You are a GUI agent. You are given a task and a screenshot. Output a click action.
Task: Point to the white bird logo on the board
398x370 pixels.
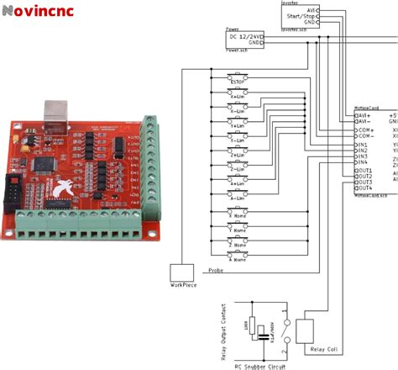tap(61, 192)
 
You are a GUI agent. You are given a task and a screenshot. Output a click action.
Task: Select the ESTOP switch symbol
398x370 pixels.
tap(238, 77)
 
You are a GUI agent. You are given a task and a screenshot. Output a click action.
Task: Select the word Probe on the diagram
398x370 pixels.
tap(214, 270)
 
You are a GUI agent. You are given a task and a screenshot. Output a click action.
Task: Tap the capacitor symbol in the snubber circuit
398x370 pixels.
tap(264, 335)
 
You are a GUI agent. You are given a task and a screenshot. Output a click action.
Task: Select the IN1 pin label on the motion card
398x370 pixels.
tap(361, 144)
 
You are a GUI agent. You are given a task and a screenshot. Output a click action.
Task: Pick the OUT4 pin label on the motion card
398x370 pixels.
tap(363, 188)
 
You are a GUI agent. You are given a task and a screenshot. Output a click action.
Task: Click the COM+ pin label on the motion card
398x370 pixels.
tap(364, 130)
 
